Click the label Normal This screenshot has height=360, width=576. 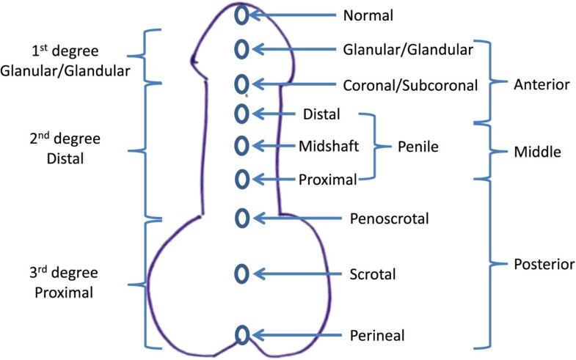[368, 15]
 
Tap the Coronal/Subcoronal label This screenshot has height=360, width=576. [409, 85]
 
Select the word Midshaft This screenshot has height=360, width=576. [329, 146]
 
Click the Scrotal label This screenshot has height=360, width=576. [373, 275]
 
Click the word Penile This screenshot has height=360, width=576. [418, 147]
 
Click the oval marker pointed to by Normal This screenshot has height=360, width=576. [240, 15]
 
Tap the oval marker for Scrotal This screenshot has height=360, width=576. [240, 273]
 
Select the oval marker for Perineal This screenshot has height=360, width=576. [241, 335]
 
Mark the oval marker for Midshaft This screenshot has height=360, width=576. [240, 145]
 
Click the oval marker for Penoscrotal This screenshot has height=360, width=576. [241, 218]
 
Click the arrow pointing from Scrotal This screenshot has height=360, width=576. [297, 274]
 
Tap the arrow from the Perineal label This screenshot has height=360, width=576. [297, 335]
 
